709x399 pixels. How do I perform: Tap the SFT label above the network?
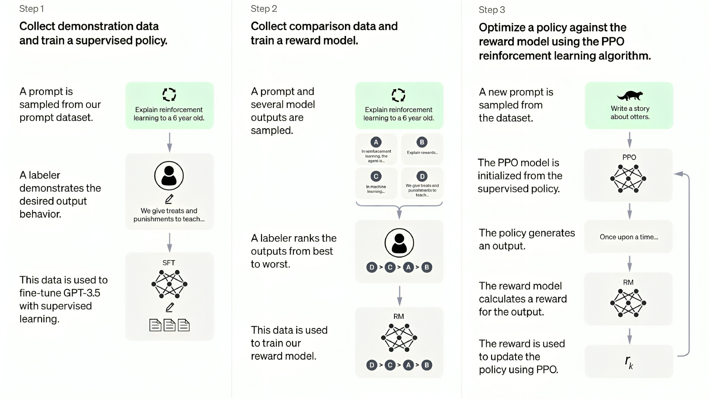click(169, 263)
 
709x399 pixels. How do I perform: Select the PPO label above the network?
click(629, 157)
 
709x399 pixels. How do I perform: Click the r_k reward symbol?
click(629, 362)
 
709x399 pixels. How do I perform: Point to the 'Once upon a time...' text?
click(629, 237)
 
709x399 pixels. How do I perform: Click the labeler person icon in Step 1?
click(169, 176)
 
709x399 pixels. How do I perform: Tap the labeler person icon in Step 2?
click(399, 243)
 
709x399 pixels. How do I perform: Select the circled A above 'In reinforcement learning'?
click(376, 142)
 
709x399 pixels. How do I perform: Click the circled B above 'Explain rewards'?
click(422, 142)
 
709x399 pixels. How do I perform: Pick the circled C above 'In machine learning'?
click(376, 176)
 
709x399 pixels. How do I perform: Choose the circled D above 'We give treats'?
click(422, 176)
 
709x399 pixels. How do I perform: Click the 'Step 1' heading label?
click(32, 9)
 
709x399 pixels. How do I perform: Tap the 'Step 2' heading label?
click(264, 9)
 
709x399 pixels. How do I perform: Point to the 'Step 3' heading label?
click(492, 10)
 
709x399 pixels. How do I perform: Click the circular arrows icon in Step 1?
click(169, 95)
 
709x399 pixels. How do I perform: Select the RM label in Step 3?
click(628, 282)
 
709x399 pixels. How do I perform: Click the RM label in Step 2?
click(399, 316)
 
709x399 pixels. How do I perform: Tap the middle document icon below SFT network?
click(169, 325)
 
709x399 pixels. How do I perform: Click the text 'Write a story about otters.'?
click(630, 112)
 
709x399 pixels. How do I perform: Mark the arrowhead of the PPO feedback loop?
click(678, 174)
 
